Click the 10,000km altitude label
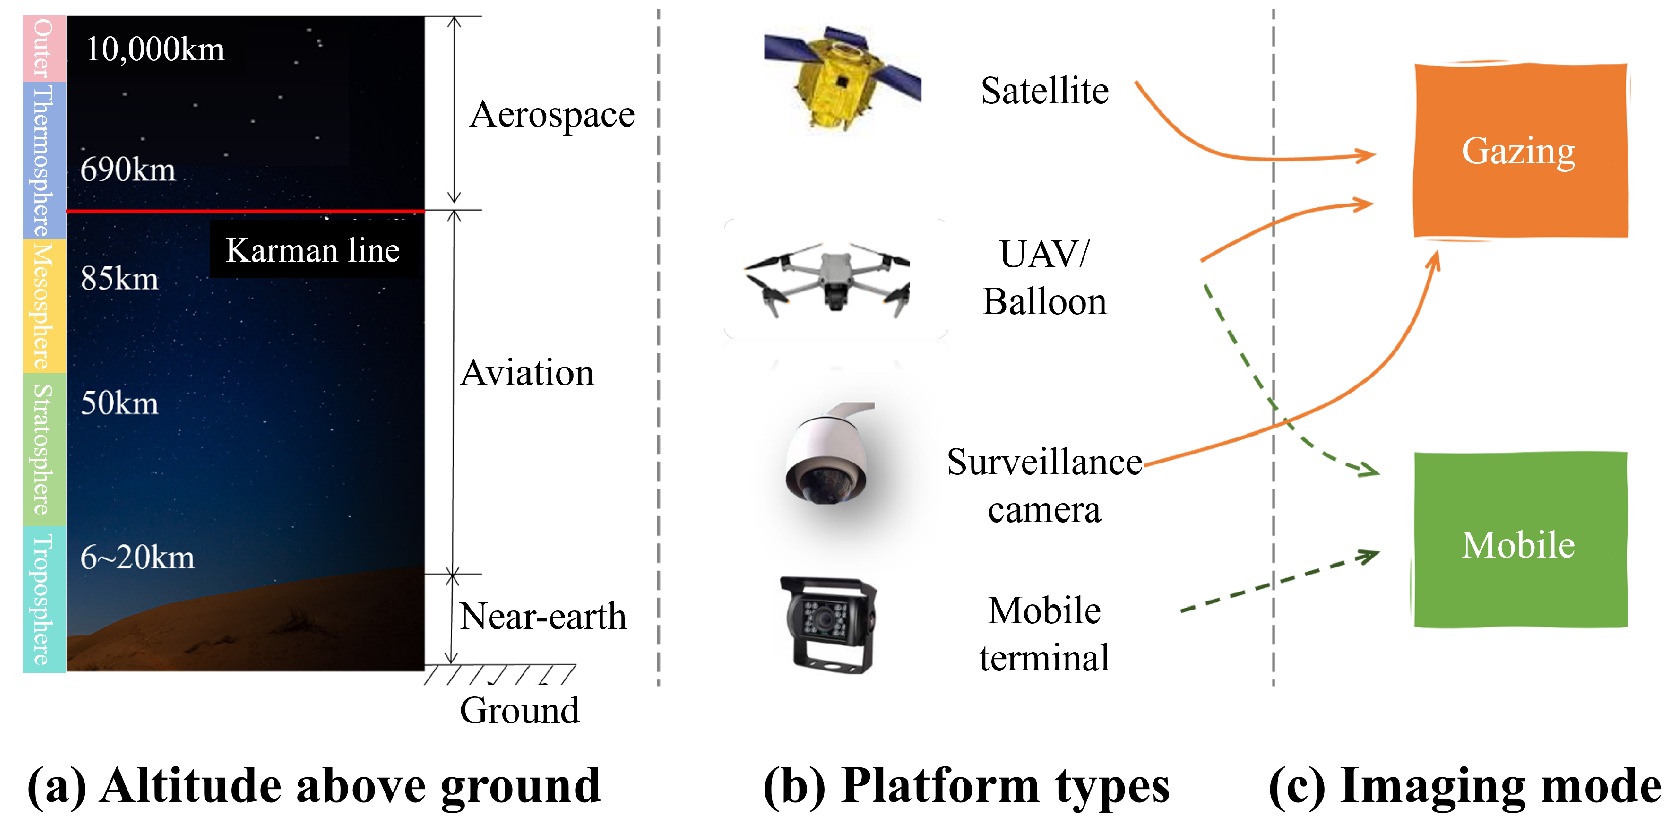(155, 50)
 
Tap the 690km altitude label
(128, 169)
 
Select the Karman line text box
(313, 250)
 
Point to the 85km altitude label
(119, 279)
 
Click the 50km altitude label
(119, 403)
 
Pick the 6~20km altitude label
(137, 557)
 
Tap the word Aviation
(526, 373)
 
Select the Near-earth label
(542, 616)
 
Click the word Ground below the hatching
(519, 710)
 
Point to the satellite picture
(841, 78)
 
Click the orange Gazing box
(1520, 151)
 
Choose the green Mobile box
(1520, 540)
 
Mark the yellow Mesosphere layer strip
(44, 306)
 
